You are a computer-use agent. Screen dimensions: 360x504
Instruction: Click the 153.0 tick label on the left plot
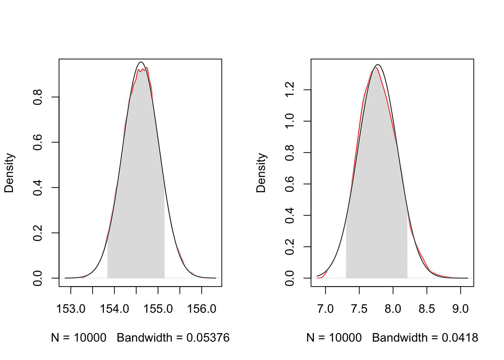pos(70,309)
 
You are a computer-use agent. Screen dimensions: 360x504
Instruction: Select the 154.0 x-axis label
pos(114,309)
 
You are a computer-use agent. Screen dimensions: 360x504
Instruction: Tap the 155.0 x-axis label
pos(158,309)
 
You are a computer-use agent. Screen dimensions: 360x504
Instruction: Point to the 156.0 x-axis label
pos(202,309)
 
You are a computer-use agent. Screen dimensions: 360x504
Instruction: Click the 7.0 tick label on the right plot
pos(325,309)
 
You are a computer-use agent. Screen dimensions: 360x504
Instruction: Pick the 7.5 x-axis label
pos(359,309)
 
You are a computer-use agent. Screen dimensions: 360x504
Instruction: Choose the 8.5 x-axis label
pos(427,309)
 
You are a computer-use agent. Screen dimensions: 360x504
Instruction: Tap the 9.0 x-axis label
pos(460,309)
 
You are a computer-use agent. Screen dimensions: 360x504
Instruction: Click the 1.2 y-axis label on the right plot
pos(289,90)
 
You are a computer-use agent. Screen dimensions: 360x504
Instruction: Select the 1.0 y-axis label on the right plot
pos(289,121)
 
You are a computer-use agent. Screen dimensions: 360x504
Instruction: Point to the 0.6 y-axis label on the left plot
pos(37,142)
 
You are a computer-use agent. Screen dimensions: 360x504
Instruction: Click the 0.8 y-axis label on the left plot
pos(37,97)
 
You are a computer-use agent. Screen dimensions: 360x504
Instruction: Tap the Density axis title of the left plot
pos(9,173)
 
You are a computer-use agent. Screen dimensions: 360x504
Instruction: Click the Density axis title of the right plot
pos(261,173)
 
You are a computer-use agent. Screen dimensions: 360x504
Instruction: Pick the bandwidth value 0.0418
pos(460,338)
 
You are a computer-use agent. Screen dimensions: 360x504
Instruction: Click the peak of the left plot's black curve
pos(141,62)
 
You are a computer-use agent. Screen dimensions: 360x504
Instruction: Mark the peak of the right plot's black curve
pos(378,64)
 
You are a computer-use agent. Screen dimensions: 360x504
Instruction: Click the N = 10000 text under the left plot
pos(79,338)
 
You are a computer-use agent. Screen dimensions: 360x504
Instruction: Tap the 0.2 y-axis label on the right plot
pos(289,247)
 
